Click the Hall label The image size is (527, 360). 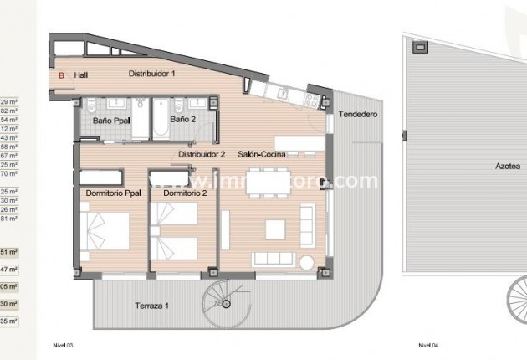pyautogui.click(x=81, y=75)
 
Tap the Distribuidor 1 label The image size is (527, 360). pyautogui.click(x=152, y=74)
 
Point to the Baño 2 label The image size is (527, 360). pyautogui.click(x=182, y=120)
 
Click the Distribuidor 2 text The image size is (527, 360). pyautogui.click(x=202, y=155)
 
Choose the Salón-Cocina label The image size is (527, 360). pyautogui.click(x=263, y=155)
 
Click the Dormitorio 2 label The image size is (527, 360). pyautogui.click(x=185, y=193)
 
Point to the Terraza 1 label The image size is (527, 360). pyautogui.click(x=151, y=306)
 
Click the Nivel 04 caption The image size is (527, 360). pyautogui.click(x=429, y=345)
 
